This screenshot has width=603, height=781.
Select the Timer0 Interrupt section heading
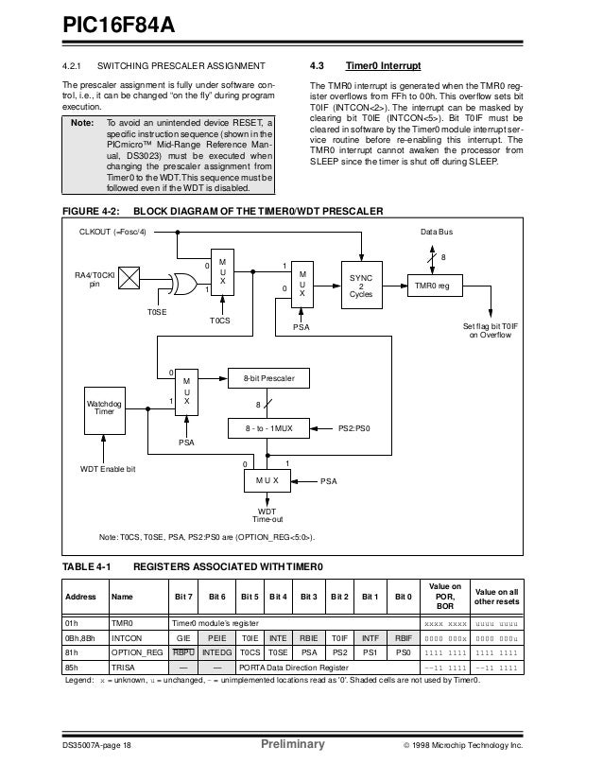point(383,67)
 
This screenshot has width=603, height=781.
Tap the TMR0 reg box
point(431,284)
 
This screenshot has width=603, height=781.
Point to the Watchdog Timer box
point(106,408)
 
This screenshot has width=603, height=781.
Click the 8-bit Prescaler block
point(268,378)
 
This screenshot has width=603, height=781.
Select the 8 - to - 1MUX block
point(268,428)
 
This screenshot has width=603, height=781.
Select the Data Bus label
point(437,232)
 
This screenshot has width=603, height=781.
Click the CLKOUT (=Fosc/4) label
point(118,232)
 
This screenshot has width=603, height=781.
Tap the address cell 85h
point(70,667)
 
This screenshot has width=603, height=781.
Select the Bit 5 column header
point(250,597)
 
